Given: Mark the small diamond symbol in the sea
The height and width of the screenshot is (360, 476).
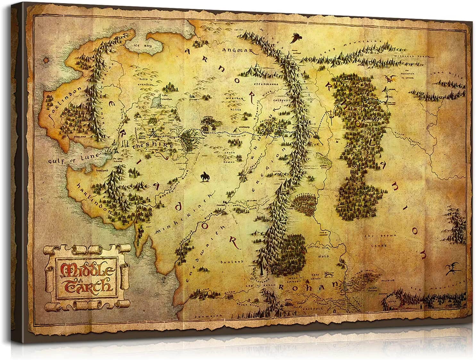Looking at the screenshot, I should point(47,60).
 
